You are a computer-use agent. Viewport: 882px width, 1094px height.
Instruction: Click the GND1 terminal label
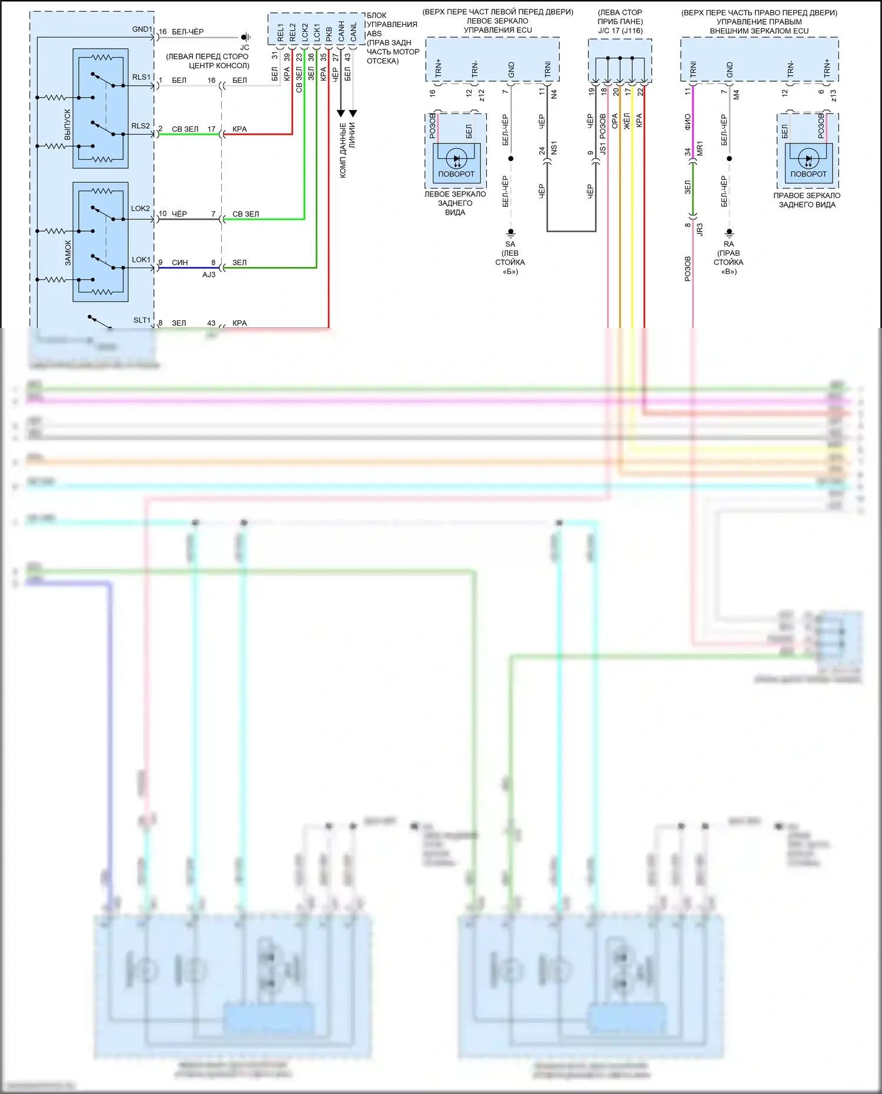[x=142, y=29]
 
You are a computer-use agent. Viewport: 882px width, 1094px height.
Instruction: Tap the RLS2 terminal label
[x=141, y=126]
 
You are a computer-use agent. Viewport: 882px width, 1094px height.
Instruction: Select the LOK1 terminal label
[x=141, y=259]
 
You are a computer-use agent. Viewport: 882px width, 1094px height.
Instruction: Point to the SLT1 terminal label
[x=142, y=320]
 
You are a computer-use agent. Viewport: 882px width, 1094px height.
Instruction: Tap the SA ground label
[x=510, y=244]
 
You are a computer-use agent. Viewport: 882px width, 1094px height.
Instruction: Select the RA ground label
[x=729, y=244]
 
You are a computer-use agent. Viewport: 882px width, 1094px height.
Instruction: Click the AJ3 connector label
[x=209, y=275]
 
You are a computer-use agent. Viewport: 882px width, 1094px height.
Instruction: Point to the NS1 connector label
[x=554, y=148]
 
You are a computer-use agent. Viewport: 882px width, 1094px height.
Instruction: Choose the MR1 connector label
[x=700, y=148]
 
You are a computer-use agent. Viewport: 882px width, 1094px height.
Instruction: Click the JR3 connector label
[x=700, y=230]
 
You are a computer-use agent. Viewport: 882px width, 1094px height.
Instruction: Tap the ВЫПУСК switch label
[x=68, y=125]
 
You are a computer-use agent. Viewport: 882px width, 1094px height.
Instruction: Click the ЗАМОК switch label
[x=68, y=253]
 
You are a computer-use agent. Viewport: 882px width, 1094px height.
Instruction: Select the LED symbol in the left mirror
[x=456, y=159]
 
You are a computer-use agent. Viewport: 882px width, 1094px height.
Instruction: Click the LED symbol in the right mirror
[x=808, y=159]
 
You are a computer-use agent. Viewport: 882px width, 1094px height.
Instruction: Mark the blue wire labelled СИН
[x=188, y=267]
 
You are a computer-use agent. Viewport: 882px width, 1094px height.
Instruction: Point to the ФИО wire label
[x=687, y=122]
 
